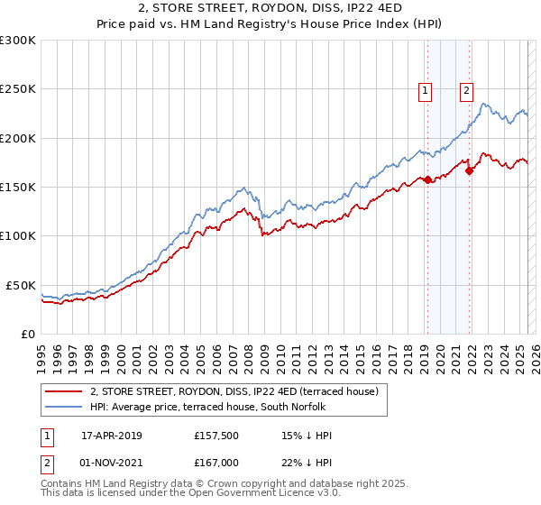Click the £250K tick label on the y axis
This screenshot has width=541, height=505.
(18, 89)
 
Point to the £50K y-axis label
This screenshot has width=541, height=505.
(21, 285)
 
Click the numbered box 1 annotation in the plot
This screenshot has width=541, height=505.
(425, 89)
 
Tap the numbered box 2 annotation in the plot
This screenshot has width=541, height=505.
(467, 89)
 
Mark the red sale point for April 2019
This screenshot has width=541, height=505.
(427, 180)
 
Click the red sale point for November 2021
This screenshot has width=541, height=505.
(469, 171)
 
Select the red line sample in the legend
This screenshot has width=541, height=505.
(63, 391)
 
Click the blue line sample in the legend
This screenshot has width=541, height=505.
(63, 407)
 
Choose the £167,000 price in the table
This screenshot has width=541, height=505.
(216, 462)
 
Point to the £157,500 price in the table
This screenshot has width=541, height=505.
(216, 436)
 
